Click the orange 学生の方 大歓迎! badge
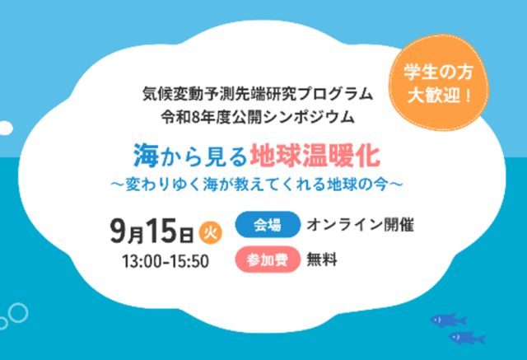pos(439,82)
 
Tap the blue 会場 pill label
pos(268,225)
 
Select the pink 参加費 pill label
pos(268,259)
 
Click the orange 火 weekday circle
pos(211,232)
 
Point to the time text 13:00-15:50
pos(166,261)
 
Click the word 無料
pos(322,259)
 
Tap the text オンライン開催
pos(360,225)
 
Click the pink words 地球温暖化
pos(315,156)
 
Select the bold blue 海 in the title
pos(147,156)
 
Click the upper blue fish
pos(448,320)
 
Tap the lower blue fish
pos(467,338)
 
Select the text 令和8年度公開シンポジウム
pos(258,117)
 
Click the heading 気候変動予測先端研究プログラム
pos(258,94)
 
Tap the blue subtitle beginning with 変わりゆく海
pos(257,185)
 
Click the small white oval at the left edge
pos(6,128)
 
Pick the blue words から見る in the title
pos(204,157)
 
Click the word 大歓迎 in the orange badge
pos(434,96)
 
